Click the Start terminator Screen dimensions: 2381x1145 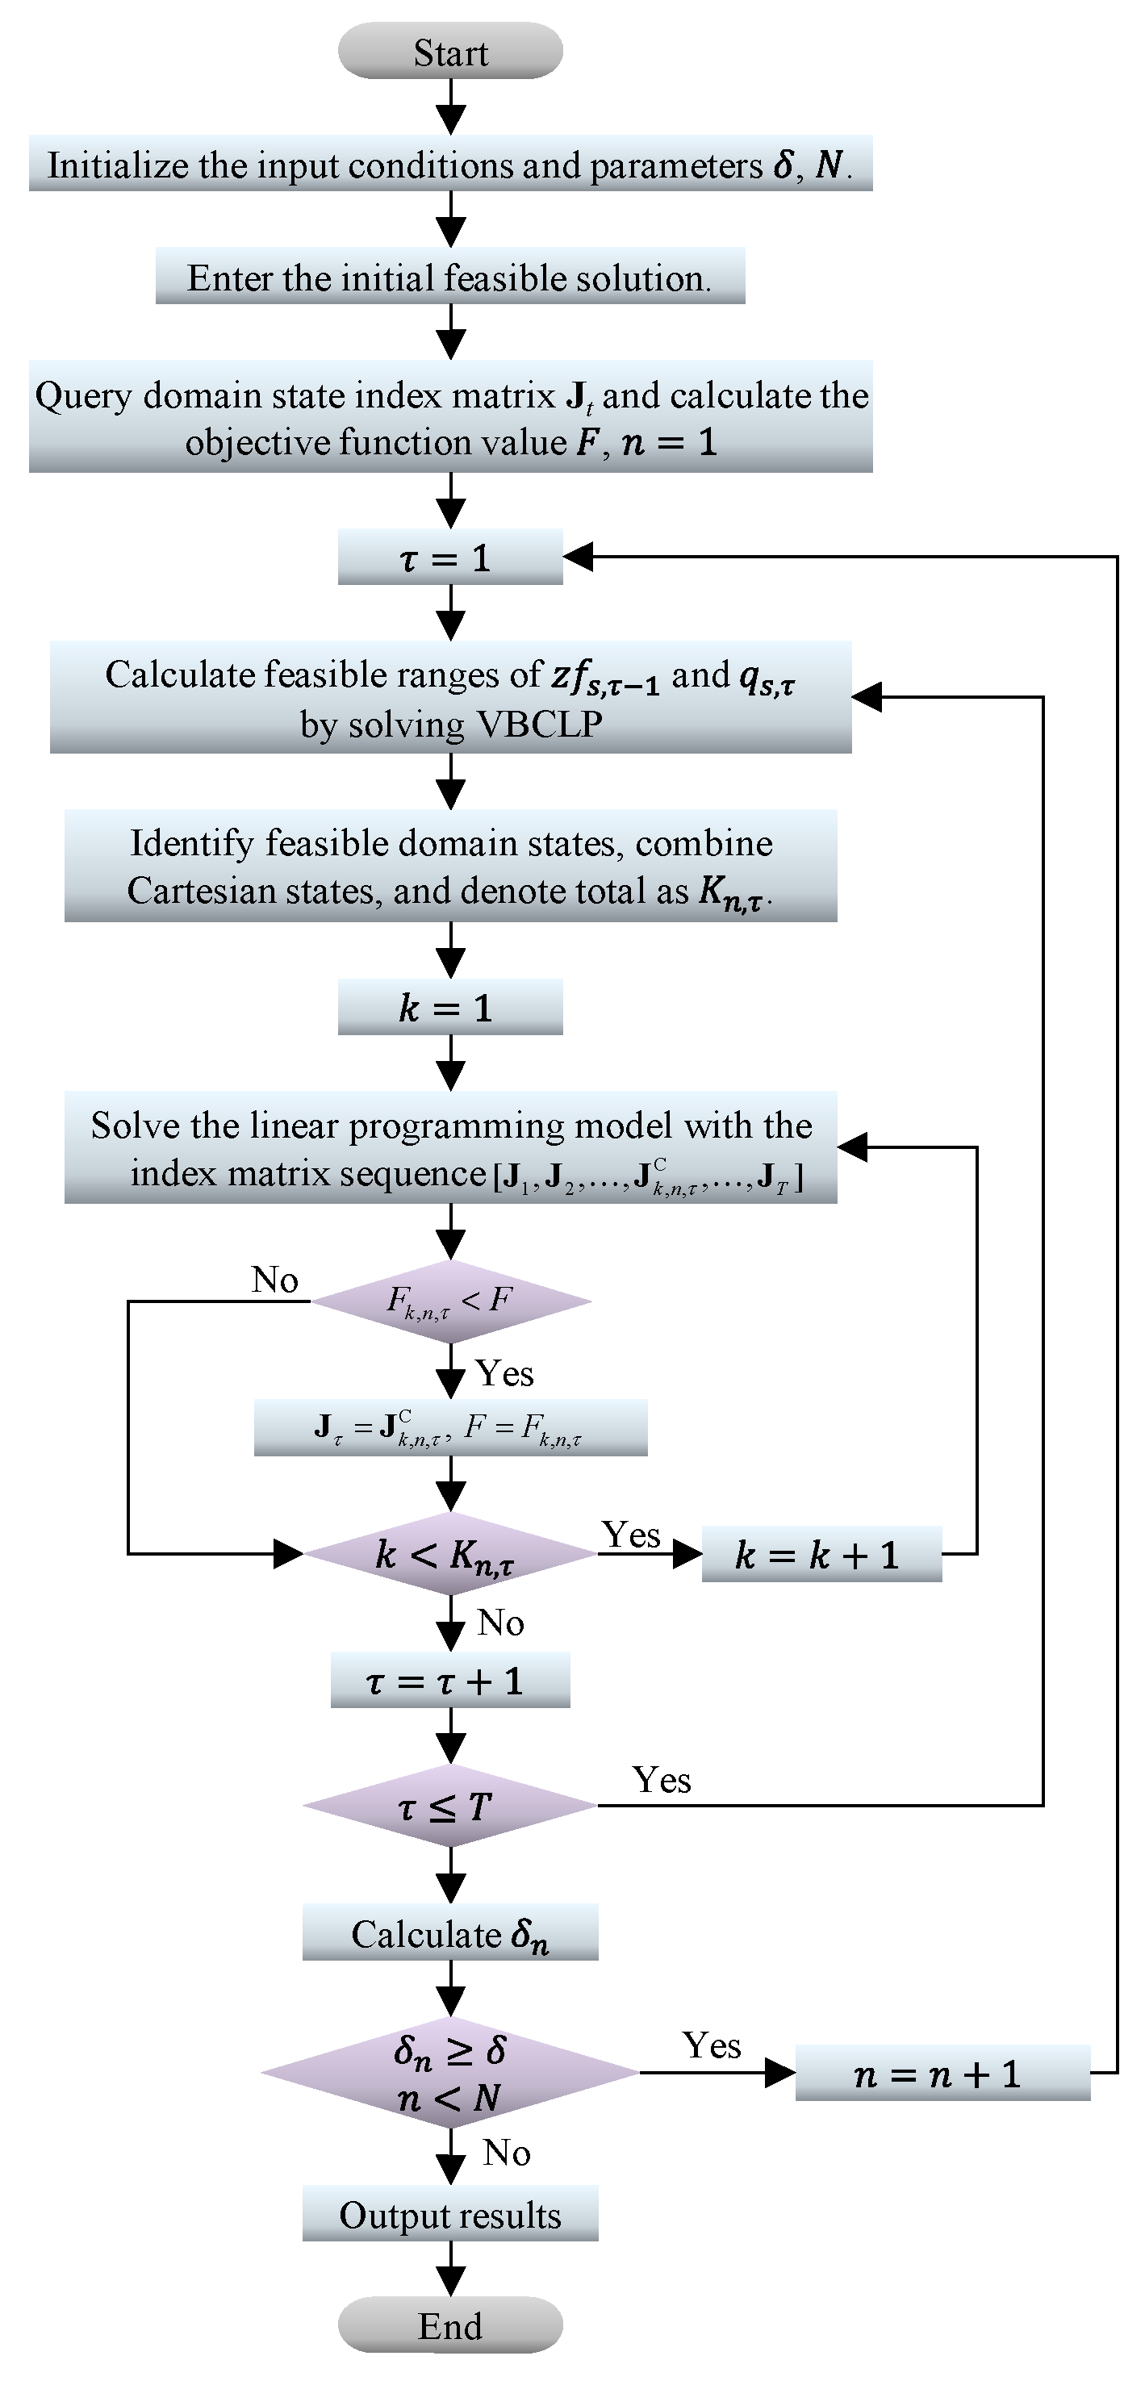tap(450, 52)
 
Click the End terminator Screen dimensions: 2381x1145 tap(450, 2325)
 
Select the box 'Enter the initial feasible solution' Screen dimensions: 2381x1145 tap(450, 278)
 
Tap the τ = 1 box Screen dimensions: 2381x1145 tap(450, 558)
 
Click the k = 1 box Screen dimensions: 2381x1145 tap(450, 1008)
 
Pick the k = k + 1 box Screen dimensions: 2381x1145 tap(821, 1555)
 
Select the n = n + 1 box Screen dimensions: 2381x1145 tap(942, 2074)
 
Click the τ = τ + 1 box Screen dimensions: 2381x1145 tap(450, 1681)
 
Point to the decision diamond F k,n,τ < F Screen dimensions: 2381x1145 tap(450, 1301)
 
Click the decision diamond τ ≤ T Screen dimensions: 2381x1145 tap(450, 1805)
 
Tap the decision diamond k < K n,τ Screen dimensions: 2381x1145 tap(450, 1555)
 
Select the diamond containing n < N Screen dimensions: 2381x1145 tap(450, 2074)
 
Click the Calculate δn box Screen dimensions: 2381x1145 tap(450, 1932)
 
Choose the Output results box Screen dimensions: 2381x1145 tap(450, 2215)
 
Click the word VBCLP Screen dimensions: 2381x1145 tap(539, 724)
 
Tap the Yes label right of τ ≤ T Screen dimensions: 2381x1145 tap(661, 1780)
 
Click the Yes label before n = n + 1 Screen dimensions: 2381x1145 tap(711, 2046)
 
